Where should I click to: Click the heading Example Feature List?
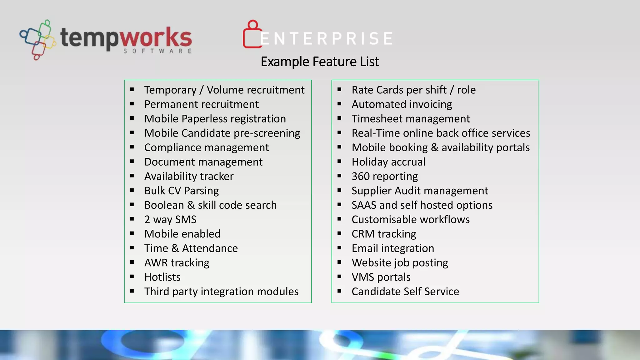click(320, 62)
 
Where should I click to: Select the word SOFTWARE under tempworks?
click(157, 51)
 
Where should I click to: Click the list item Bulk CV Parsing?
click(181, 191)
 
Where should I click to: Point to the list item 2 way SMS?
click(170, 219)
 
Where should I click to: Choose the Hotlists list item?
click(162, 277)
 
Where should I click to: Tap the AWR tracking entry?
click(177, 262)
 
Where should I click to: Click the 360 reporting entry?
click(384, 176)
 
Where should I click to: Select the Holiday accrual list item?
click(388, 162)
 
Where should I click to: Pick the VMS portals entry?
click(381, 277)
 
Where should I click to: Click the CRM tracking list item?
click(384, 234)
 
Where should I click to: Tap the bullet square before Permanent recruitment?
click(132, 104)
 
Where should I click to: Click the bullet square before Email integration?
click(339, 248)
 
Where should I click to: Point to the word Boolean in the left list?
click(164, 205)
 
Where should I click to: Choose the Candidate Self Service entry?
click(405, 291)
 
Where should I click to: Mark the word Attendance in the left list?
click(210, 248)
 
